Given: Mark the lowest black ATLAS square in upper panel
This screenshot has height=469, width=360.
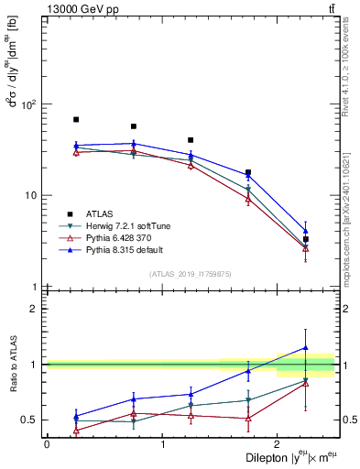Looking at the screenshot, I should (x=306, y=239).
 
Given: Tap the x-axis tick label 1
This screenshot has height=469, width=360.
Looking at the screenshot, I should (x=162, y=443).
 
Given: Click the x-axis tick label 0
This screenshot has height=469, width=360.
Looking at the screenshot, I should (x=47, y=443).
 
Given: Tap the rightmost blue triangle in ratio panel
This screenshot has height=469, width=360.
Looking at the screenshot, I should (x=306, y=348).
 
